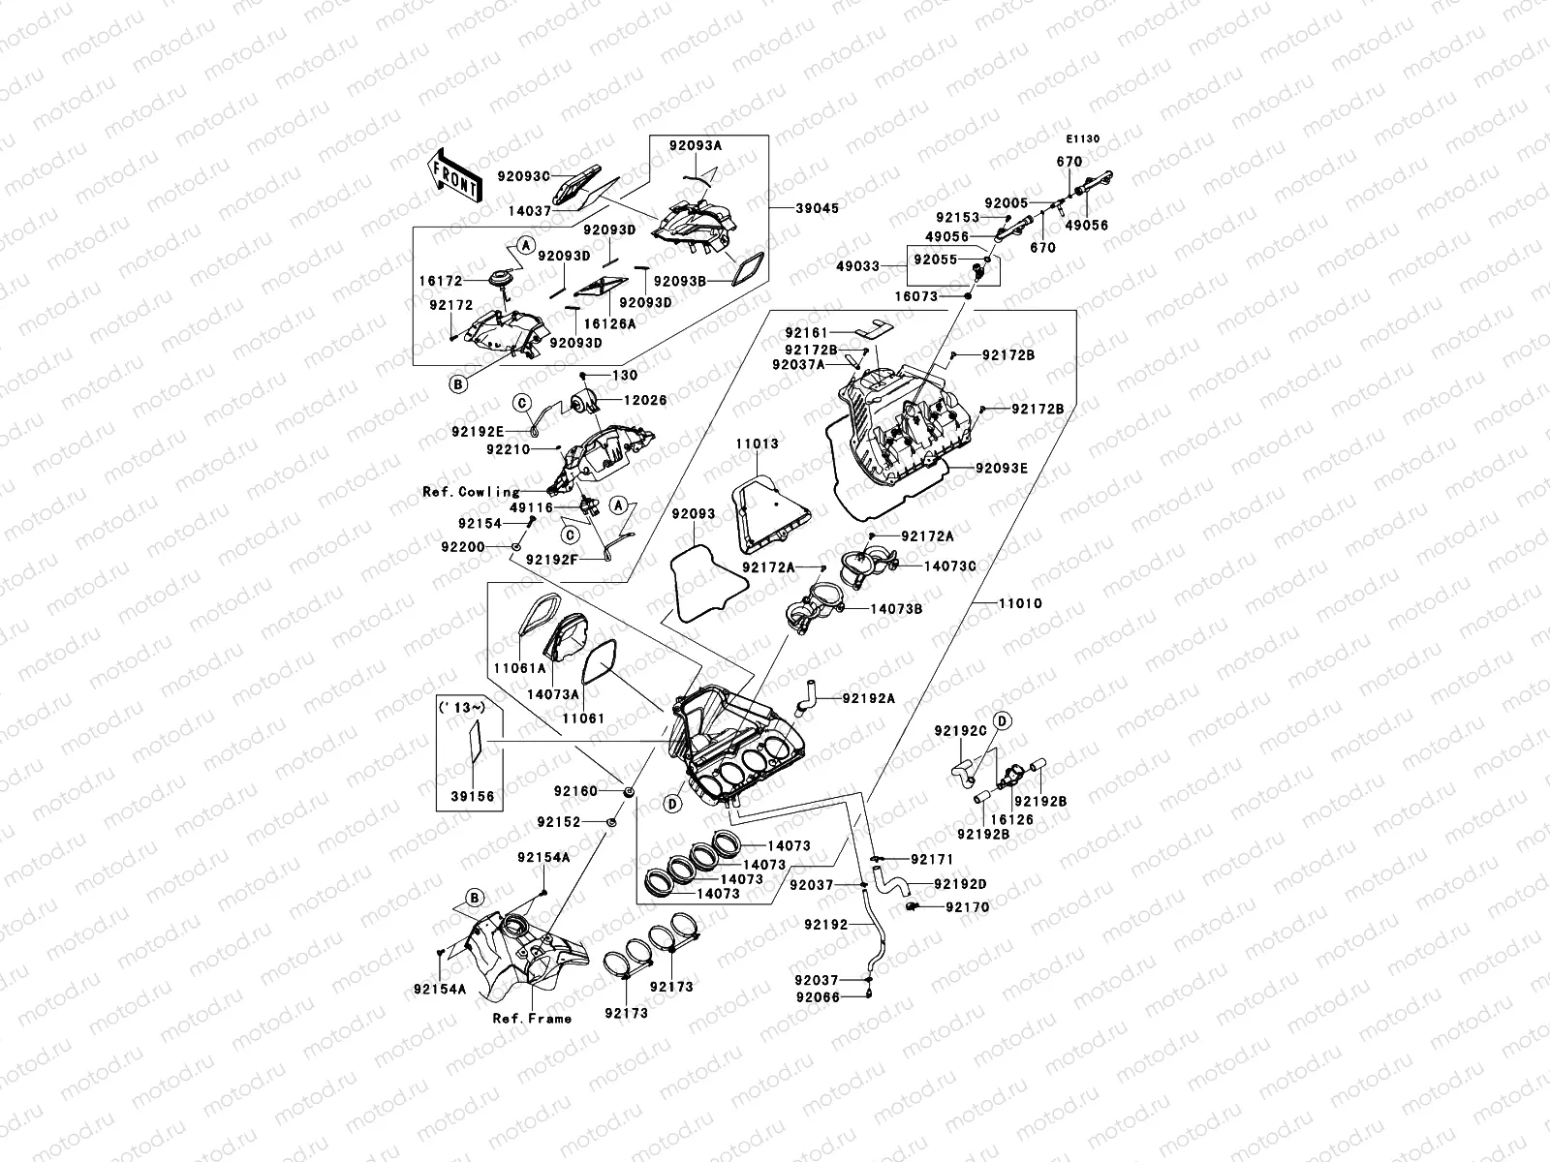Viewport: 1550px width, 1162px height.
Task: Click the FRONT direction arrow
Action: [455, 175]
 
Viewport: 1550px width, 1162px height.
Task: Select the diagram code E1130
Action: [1084, 138]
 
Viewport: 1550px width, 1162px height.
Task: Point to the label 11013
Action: [756, 444]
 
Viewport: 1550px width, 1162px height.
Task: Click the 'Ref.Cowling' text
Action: [472, 492]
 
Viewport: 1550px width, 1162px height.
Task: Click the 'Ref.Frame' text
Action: [532, 1018]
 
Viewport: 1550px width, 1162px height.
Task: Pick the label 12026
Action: [645, 400]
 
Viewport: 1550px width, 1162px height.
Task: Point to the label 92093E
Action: [1001, 468]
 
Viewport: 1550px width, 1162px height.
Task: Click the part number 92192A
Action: [869, 697]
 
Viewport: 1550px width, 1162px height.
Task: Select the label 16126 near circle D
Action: [1011, 819]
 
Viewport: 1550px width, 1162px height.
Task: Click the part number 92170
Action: [968, 907]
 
